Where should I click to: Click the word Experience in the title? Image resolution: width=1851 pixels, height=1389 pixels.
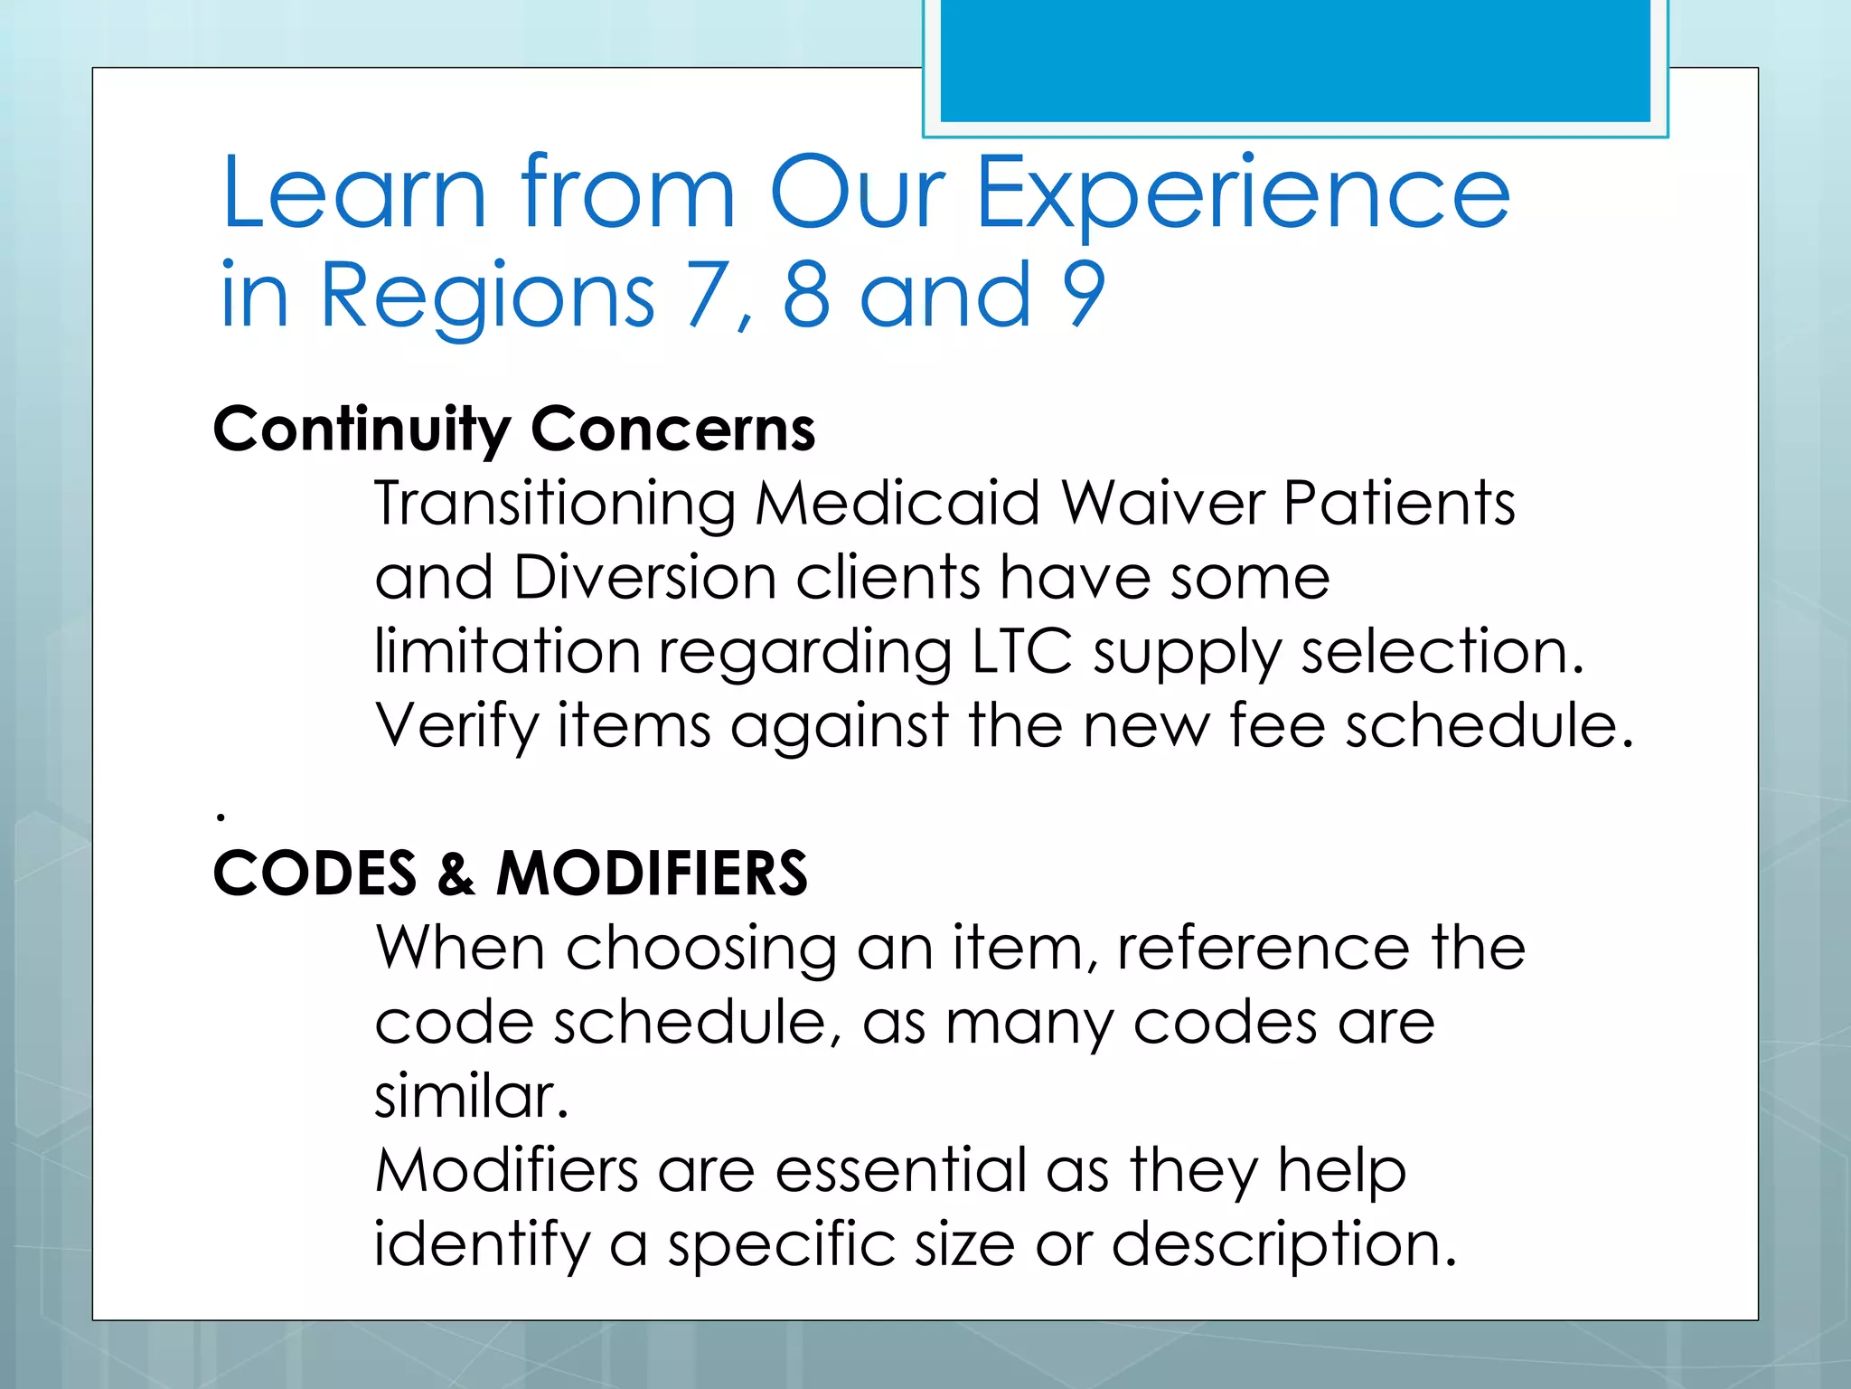[1244, 194]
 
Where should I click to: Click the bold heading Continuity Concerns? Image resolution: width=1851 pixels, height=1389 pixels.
[513, 430]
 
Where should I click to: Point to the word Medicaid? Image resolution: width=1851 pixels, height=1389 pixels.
[897, 503]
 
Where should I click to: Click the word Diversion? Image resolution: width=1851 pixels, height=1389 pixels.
[645, 578]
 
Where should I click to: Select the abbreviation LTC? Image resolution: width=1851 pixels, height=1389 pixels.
[1022, 651]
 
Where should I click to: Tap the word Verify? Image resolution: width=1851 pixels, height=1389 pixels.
[456, 726]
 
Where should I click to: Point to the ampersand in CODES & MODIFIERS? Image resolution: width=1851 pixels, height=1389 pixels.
[456, 874]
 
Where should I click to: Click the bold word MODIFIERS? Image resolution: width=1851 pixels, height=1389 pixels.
[652, 874]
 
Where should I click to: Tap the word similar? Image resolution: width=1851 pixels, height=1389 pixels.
[470, 1097]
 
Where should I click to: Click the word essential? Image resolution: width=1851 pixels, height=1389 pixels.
[900, 1171]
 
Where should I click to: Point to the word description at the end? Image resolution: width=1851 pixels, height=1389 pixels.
[1283, 1245]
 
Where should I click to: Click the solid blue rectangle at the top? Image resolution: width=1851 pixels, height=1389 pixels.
[1295, 61]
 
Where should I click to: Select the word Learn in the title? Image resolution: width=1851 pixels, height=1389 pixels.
[354, 194]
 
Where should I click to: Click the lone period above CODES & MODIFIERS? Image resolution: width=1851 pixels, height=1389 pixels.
[221, 817]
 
